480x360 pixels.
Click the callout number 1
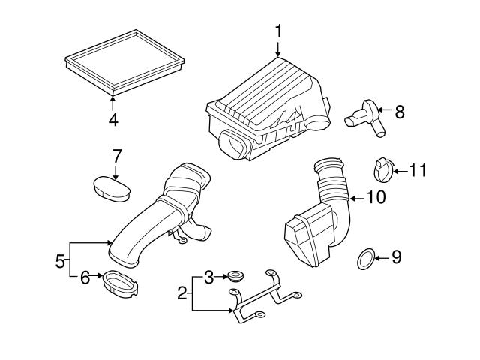278,31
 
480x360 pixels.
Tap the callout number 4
112,119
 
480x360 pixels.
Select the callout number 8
399,112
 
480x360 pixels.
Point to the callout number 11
417,172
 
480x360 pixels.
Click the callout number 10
375,198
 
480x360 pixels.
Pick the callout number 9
397,257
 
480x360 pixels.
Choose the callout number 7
116,157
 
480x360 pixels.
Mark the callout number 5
60,261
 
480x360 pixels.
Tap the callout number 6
85,277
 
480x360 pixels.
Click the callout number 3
210,277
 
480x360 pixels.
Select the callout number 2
181,292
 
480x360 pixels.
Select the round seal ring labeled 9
364,259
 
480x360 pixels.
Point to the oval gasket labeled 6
120,283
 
